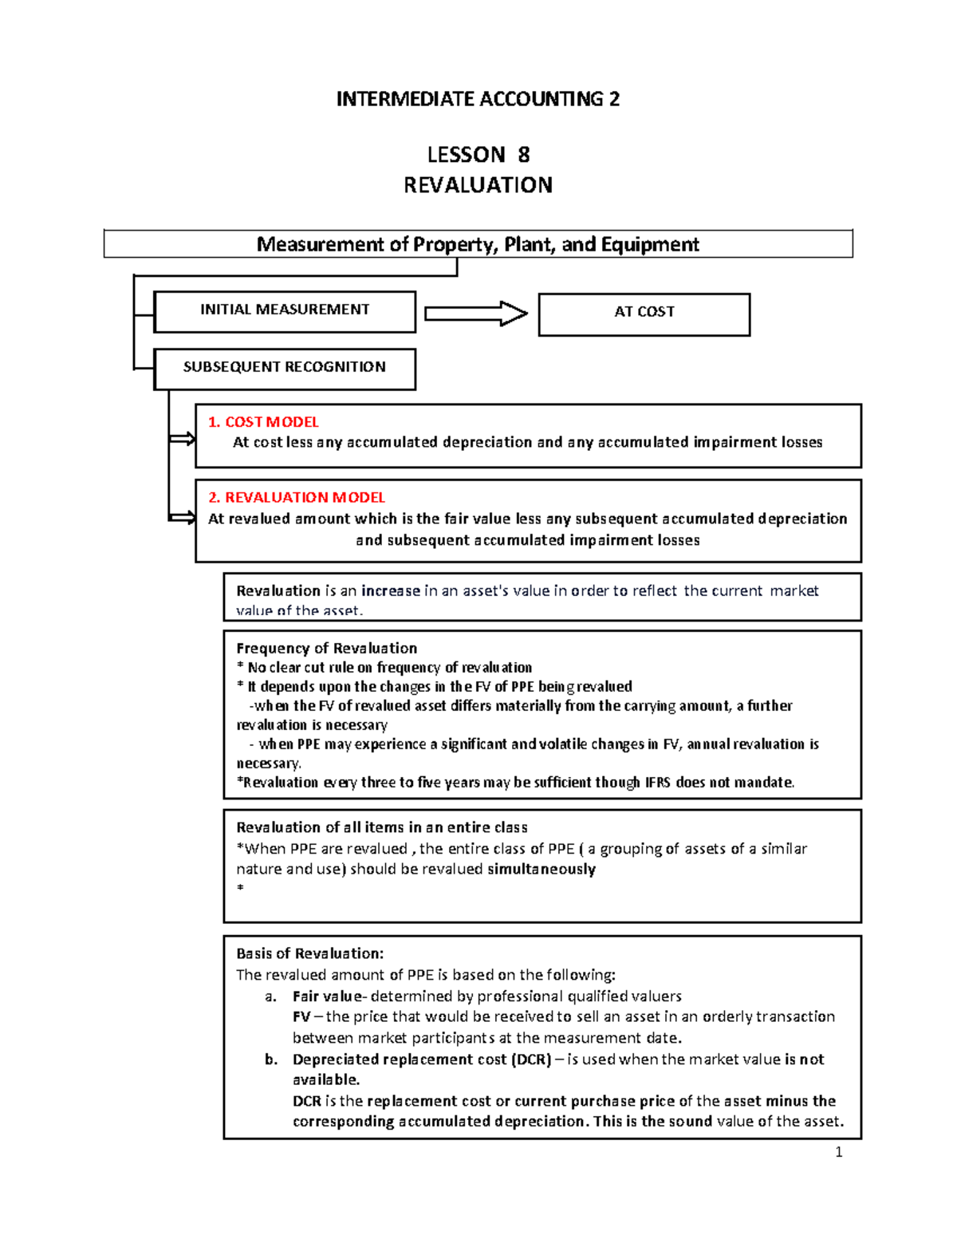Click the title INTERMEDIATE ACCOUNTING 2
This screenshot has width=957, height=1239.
coord(478,99)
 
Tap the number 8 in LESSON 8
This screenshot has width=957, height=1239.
coord(524,154)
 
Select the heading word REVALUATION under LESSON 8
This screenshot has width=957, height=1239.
coord(478,185)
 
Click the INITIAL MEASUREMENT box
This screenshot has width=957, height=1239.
coord(285,310)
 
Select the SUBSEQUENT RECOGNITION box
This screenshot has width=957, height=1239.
coord(285,368)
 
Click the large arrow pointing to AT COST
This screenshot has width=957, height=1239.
coord(476,314)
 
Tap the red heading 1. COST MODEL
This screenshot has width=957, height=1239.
coord(263,422)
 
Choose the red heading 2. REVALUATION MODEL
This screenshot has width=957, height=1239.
coord(297,497)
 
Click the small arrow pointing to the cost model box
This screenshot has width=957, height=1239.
coord(183,439)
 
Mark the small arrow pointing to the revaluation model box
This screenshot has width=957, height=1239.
coord(183,519)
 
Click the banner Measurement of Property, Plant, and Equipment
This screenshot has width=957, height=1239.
coord(478,244)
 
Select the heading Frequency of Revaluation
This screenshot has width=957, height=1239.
coord(326,649)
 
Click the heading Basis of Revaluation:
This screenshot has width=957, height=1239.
coord(310,953)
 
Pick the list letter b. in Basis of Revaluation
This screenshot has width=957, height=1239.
coord(271,1059)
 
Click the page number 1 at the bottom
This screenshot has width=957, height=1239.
coord(838,1151)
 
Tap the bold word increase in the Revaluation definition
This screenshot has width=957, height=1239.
coord(391,591)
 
